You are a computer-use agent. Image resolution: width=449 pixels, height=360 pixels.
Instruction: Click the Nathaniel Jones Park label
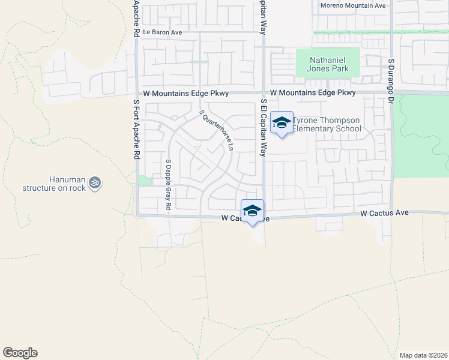coord(328,65)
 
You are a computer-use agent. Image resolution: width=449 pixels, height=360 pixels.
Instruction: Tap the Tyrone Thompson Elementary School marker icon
coord(281,123)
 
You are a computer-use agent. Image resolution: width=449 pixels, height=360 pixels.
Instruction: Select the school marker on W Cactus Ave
coord(253,211)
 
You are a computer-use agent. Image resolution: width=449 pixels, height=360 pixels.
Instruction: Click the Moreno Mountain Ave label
coord(352,5)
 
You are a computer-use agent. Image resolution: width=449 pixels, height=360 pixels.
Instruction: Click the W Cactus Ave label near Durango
coord(384,213)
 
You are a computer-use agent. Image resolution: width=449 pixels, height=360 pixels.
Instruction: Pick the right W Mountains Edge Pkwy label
coord(313,93)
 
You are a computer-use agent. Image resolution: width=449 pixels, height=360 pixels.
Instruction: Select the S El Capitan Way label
coord(263,128)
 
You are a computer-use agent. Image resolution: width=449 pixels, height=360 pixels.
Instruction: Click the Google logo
coord(20,352)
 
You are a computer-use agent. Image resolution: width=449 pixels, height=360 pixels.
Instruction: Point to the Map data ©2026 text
coord(423,355)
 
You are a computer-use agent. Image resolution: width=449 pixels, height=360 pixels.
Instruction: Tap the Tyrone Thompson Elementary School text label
coord(327,124)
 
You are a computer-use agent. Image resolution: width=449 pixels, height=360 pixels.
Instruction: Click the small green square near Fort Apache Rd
coord(144,181)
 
